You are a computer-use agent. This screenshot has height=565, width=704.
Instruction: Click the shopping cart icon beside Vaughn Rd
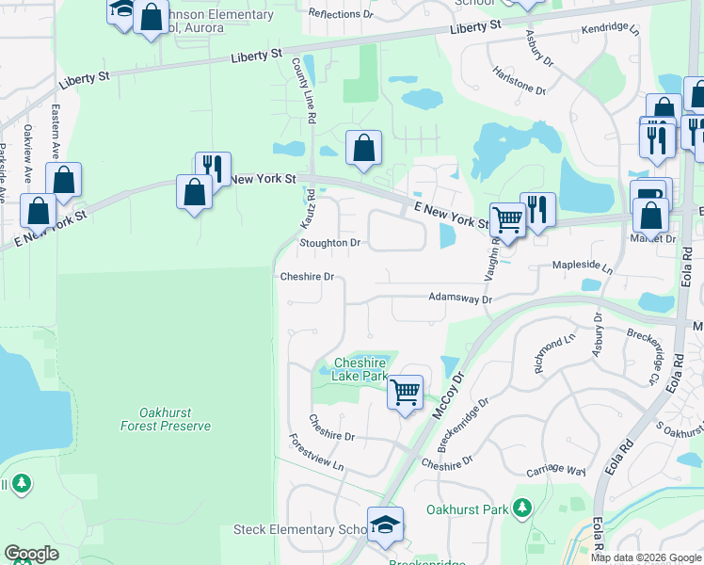(507, 220)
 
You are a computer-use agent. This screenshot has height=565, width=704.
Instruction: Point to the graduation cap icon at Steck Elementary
(385, 525)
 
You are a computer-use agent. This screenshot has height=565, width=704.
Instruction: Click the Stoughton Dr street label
(329, 243)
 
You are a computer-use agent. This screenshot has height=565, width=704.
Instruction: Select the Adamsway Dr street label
(460, 299)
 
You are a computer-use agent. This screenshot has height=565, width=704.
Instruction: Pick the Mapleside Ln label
(582, 266)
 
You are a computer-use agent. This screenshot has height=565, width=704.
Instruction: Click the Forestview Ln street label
(317, 453)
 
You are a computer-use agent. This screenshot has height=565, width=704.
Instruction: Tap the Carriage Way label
(556, 470)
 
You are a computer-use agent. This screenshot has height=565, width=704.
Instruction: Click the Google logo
(31, 554)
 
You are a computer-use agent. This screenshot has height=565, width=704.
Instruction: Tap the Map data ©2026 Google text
(645, 557)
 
